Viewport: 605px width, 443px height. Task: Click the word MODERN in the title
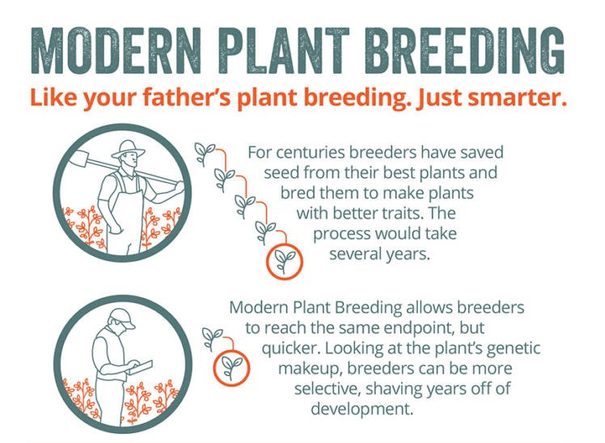coord(116,50)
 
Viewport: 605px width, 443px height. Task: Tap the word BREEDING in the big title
coord(463,50)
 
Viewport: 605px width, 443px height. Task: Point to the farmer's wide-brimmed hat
coord(128,150)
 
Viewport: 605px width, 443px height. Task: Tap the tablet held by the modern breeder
coord(140,368)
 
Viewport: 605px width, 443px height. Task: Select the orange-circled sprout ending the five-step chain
coord(285,262)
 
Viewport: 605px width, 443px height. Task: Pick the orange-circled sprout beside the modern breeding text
coord(231,368)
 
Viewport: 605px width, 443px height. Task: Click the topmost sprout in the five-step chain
coord(204,153)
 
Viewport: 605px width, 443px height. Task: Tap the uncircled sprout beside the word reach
coord(212,339)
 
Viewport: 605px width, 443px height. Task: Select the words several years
coord(379,254)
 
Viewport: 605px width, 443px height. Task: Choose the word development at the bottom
coord(362,409)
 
